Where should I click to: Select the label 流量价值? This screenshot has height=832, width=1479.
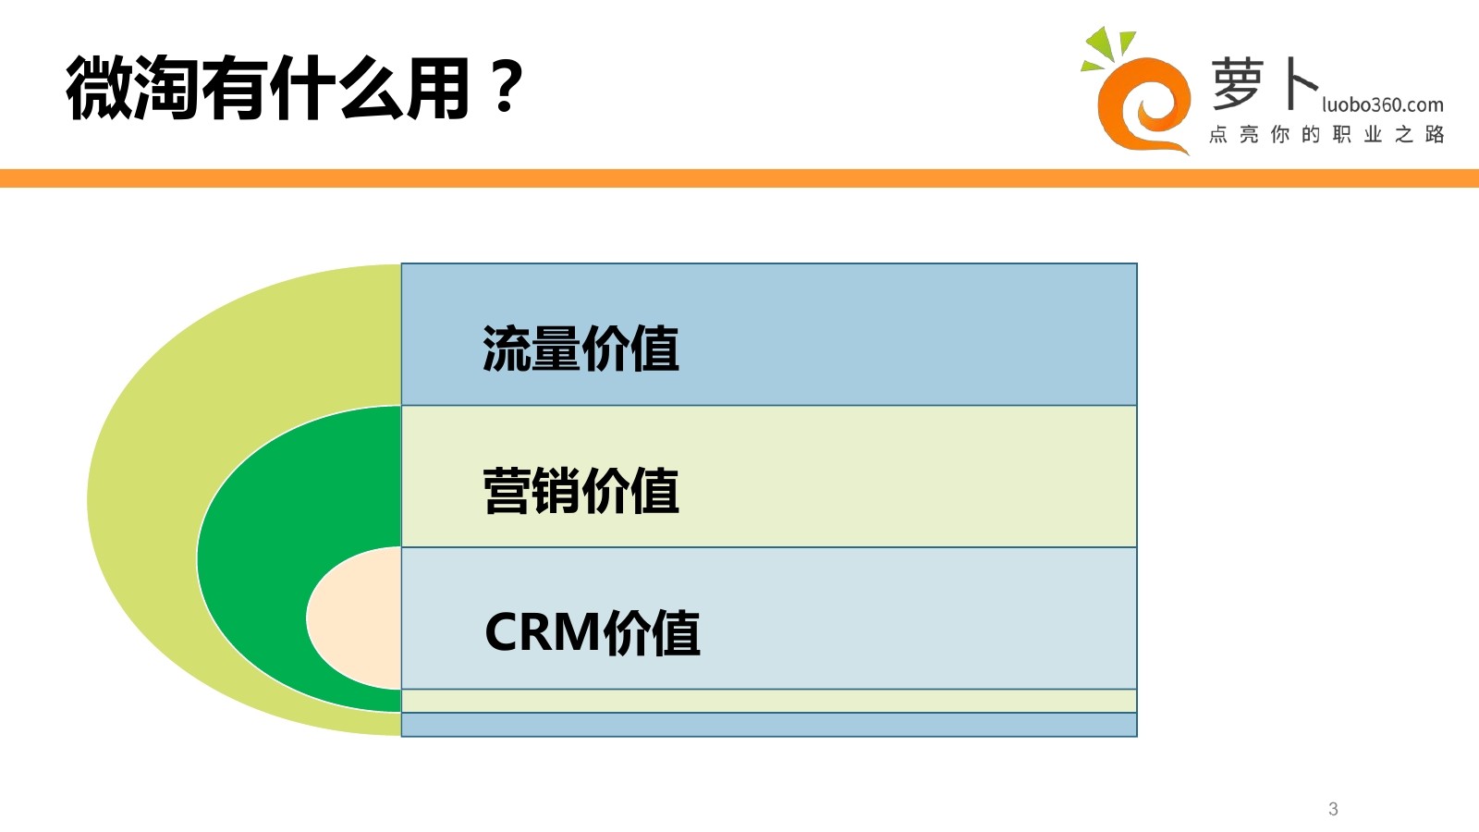point(581,349)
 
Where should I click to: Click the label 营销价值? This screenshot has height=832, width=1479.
point(581,491)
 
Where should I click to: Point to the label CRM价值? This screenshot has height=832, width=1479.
point(593,632)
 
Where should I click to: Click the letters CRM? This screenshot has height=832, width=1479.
point(542,632)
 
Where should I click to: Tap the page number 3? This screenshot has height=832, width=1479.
point(1333,809)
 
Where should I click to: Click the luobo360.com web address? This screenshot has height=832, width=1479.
point(1383,105)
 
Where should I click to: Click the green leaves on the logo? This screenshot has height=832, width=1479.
point(1108,47)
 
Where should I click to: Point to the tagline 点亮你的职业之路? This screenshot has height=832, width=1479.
point(1326,135)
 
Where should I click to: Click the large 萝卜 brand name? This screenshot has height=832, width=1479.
point(1265,83)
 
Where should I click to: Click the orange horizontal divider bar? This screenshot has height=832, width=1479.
point(739,178)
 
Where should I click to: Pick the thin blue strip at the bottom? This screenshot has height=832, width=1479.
point(769,725)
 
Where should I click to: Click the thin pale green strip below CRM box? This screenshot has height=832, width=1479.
point(769,701)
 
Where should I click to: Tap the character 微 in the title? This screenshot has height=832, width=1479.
point(99,88)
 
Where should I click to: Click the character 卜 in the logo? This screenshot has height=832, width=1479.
point(1300,83)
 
